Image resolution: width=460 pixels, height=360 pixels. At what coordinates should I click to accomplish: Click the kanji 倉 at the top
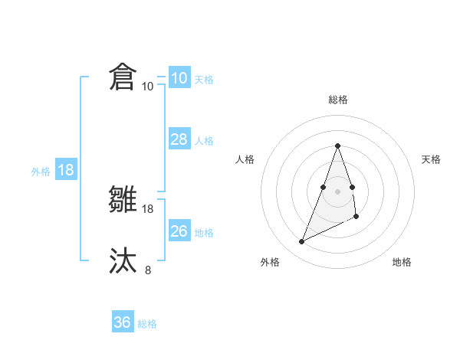123,78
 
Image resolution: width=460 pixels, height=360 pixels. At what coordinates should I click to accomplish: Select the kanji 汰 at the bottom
123,260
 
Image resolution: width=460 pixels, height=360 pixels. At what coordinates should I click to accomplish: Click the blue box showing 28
179,139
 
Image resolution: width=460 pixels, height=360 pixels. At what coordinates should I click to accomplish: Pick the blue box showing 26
179,231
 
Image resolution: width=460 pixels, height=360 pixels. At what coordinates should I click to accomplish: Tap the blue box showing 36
123,322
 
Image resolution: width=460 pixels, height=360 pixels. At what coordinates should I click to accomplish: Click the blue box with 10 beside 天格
179,78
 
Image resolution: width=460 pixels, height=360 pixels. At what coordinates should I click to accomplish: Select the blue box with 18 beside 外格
66,170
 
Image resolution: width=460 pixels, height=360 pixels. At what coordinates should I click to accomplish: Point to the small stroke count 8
148,269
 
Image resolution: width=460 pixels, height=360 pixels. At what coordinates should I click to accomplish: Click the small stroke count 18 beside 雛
148,208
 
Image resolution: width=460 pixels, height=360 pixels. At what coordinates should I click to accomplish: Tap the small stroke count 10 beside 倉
148,86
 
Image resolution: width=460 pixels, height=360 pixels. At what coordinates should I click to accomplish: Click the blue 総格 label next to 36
147,324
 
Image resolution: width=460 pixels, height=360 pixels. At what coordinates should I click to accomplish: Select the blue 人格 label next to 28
204,141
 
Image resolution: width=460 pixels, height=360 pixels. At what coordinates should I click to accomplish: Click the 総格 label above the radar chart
338,100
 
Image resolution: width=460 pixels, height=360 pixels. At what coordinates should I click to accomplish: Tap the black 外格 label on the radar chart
270,262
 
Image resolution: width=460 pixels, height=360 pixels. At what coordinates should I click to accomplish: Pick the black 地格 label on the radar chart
402,262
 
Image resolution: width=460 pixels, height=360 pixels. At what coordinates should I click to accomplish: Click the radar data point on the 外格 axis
302,242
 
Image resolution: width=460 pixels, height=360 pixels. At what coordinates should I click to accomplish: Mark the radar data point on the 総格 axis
338,146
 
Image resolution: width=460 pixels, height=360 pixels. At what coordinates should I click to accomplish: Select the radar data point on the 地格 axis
356,217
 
